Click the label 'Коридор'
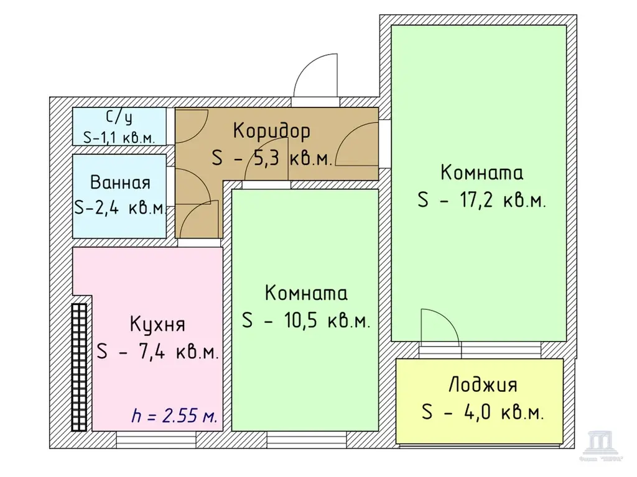271,131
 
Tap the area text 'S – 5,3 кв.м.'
272,158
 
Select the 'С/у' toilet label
119,117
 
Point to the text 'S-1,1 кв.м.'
119,137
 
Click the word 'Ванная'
120,183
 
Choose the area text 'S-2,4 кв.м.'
120,207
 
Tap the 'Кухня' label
157,324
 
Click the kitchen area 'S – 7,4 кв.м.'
157,352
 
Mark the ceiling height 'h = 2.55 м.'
175,416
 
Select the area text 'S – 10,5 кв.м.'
306,321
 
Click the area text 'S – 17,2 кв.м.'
482,201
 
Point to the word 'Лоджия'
483,385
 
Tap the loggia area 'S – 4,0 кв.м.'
483,412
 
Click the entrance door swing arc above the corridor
316,76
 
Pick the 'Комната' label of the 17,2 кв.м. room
482,172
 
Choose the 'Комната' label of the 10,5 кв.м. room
306,293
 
